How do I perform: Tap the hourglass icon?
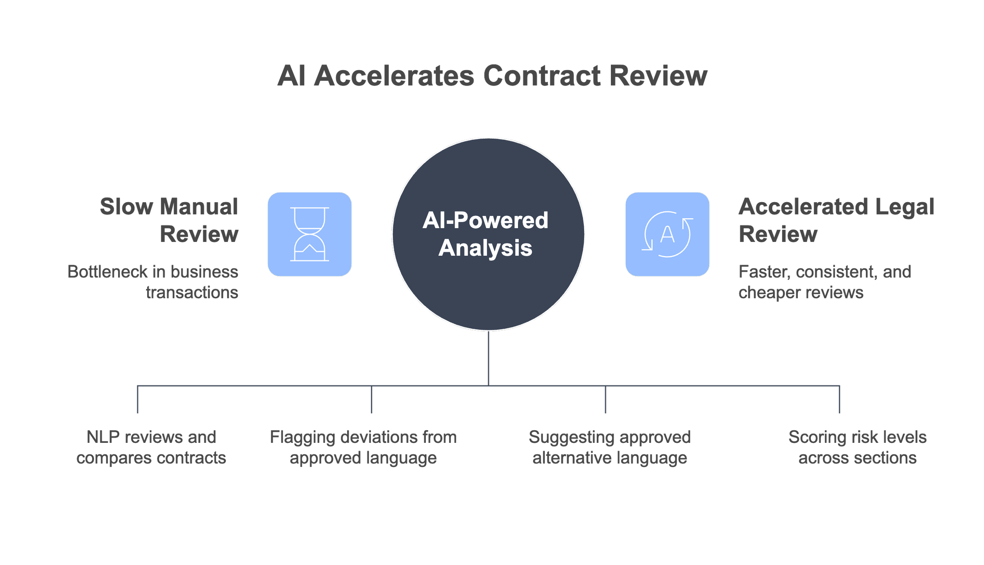click(309, 234)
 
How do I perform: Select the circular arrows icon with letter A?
click(667, 234)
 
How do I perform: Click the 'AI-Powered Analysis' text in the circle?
click(485, 234)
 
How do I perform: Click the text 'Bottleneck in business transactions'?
click(153, 282)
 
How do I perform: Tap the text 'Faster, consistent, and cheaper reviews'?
click(824, 282)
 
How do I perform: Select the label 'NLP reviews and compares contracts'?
click(151, 447)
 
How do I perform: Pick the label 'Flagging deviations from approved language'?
click(363, 447)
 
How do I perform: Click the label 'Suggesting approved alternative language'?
click(609, 447)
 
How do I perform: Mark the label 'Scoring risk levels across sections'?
click(857, 447)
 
